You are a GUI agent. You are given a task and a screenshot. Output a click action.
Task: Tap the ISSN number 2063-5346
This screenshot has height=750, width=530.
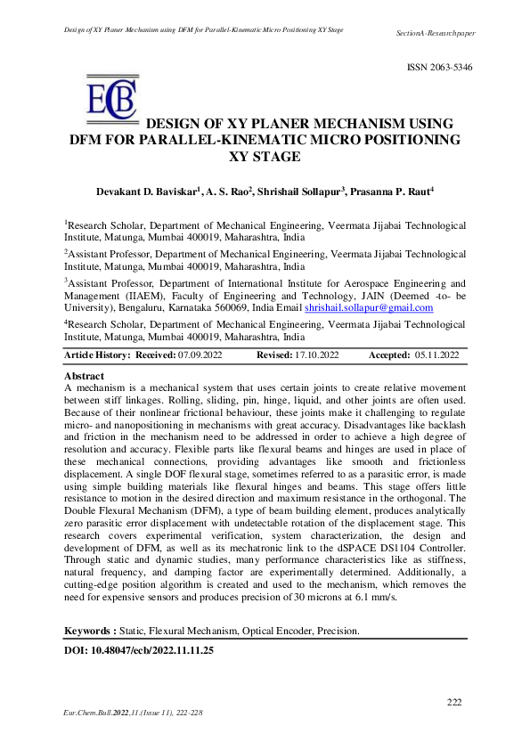coord(440,68)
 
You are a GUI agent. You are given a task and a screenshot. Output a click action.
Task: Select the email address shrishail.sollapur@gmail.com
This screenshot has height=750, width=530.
coord(369,307)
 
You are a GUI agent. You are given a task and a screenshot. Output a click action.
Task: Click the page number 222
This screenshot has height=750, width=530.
coord(454,703)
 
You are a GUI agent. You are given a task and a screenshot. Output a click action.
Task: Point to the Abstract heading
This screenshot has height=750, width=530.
coord(85,377)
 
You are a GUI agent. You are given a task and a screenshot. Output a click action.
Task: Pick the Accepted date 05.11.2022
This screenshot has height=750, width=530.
coord(436,355)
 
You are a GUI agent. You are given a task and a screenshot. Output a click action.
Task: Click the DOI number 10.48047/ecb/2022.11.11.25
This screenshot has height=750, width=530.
coord(158,651)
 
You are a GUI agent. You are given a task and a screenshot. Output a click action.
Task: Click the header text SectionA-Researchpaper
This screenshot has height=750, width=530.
coord(435,33)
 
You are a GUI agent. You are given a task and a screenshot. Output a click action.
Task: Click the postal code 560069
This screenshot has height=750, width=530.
coord(230,307)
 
